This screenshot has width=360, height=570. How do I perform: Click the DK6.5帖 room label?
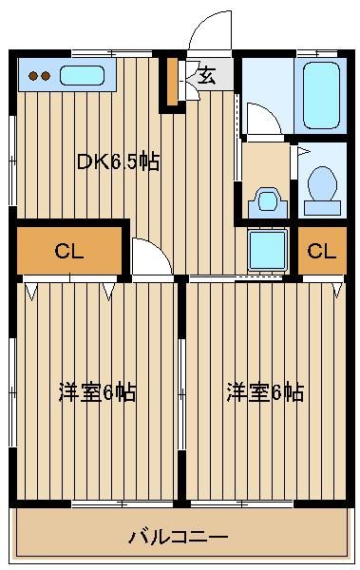tap(118, 161)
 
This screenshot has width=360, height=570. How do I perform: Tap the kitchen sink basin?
tap(83, 76)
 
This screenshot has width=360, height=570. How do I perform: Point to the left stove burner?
tap(33, 76)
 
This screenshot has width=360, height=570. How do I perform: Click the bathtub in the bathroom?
tap(321, 96)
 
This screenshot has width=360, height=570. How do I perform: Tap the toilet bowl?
tap(322, 183)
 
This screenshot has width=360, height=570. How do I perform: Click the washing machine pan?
tap(268, 250)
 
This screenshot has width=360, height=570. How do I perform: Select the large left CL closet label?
tap(69, 251)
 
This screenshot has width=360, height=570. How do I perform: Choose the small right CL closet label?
tap(322, 251)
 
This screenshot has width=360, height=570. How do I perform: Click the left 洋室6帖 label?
tap(98, 392)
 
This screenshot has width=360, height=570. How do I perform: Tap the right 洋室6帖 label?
tap(265, 392)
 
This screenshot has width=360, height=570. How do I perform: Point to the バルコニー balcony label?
tap(179, 537)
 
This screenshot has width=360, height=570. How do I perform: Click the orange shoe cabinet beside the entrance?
tap(172, 82)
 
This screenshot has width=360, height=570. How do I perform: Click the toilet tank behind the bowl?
tap(323, 208)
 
